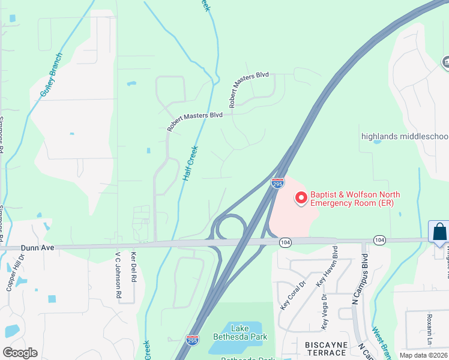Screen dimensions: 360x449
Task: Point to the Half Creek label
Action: click(190, 164)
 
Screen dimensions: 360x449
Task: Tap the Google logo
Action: click(20, 352)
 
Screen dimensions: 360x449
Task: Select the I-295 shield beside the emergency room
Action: click(277, 183)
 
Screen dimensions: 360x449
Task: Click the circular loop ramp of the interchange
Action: click(229, 227)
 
